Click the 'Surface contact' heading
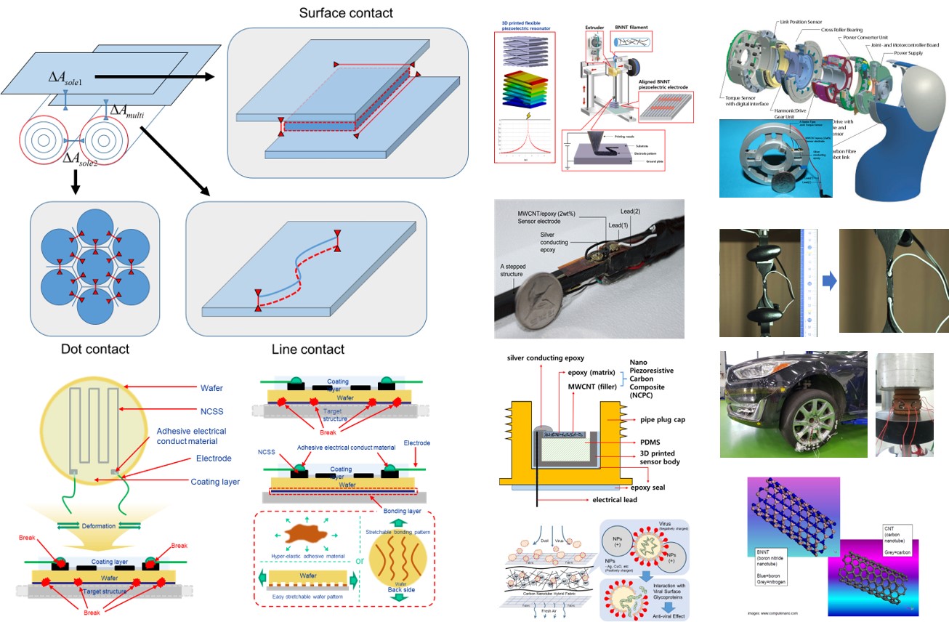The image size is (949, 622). [346, 13]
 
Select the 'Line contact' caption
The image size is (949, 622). [308, 350]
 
